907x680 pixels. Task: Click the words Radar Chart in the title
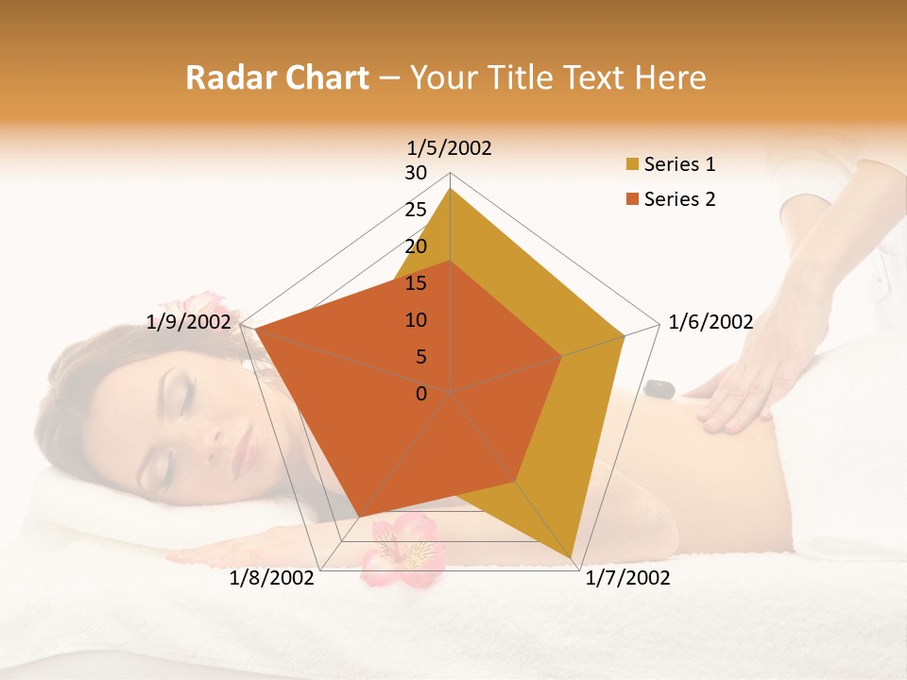[277, 77]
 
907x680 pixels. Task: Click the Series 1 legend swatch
[632, 165]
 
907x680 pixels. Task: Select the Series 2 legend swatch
[632, 199]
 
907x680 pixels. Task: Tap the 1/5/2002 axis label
[450, 147]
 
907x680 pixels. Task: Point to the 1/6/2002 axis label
[710, 322]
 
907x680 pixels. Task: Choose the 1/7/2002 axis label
[627, 578]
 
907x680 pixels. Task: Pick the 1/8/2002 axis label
[272, 578]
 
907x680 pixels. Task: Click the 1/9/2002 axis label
[189, 322]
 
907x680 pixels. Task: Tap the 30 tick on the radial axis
[416, 173]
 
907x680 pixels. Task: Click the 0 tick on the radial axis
[421, 394]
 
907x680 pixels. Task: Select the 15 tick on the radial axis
[416, 283]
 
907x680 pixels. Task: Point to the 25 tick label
[416, 210]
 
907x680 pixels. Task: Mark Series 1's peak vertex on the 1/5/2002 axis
[451, 188]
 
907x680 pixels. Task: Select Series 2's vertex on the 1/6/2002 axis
[562, 356]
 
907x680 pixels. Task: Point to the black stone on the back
[659, 387]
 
